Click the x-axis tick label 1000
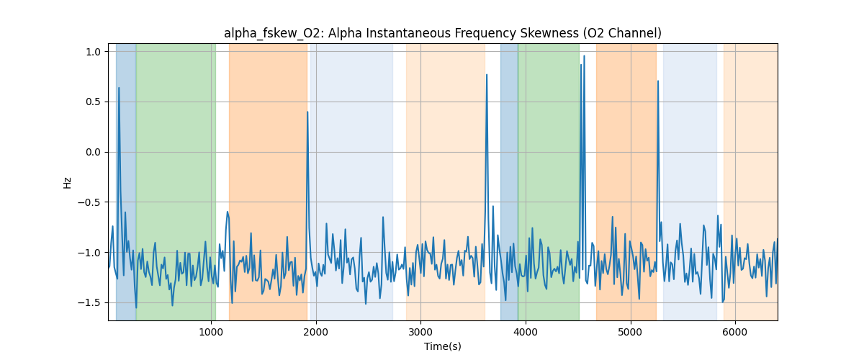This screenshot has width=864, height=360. click(211, 332)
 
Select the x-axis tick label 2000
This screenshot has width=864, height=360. click(315, 332)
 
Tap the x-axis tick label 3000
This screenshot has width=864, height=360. click(420, 332)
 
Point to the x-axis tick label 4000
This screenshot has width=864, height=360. click(526, 332)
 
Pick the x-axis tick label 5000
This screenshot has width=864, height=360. click(630, 332)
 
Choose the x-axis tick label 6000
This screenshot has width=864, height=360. click(735, 332)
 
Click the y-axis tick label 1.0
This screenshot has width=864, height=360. click(92, 52)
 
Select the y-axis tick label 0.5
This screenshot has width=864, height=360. click(92, 102)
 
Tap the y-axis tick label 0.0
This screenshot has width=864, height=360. click(92, 152)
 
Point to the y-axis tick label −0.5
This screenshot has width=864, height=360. click(89, 202)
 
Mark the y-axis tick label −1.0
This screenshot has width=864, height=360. click(89, 253)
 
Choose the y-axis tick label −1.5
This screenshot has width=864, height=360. click(89, 302)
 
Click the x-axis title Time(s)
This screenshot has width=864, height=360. click(443, 346)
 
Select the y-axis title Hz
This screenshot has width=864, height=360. click(68, 182)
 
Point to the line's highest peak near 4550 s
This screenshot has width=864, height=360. click(584, 55)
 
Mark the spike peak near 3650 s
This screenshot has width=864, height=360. click(487, 74)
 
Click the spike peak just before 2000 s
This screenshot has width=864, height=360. click(307, 112)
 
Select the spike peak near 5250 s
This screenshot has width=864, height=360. click(658, 81)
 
